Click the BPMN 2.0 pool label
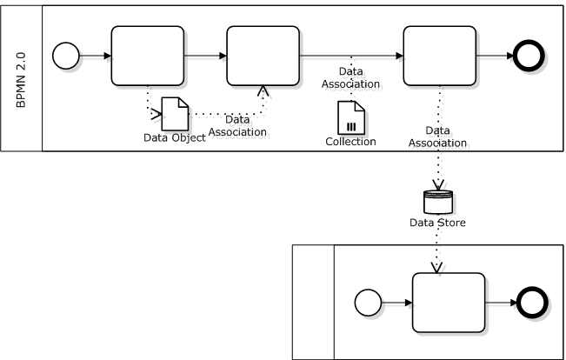point(21,80)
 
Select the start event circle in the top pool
point(66,56)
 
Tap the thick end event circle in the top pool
point(529,56)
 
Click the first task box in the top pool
point(148,56)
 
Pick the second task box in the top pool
point(263,56)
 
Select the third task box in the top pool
point(440,56)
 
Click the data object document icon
point(175,114)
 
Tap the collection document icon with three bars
point(351,117)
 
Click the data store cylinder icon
point(438,202)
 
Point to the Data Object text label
point(175,137)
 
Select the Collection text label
point(350,142)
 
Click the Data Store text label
point(437,223)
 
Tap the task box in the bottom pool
point(449,303)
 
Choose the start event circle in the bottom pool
point(368,303)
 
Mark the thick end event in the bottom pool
point(532,303)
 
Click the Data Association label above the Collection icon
point(350,77)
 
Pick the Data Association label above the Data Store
point(437,137)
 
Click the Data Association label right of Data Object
point(237,126)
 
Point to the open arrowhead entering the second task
point(263,90)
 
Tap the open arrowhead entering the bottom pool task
point(436,268)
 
